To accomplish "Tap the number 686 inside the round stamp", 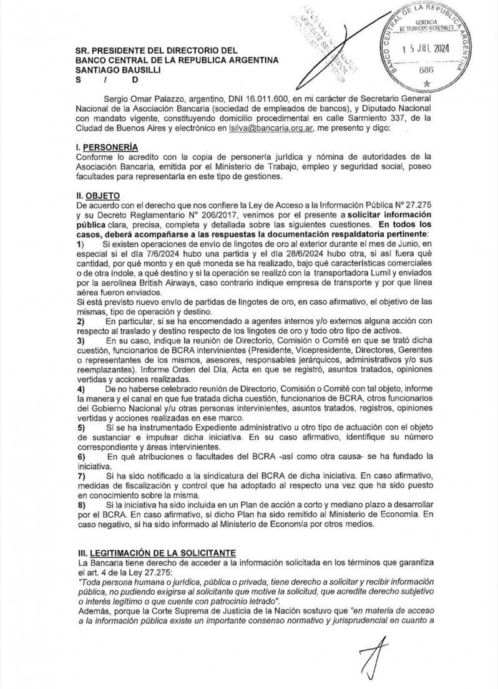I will point(426,70).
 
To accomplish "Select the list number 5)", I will point(79,427).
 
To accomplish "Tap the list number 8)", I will point(79,503).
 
